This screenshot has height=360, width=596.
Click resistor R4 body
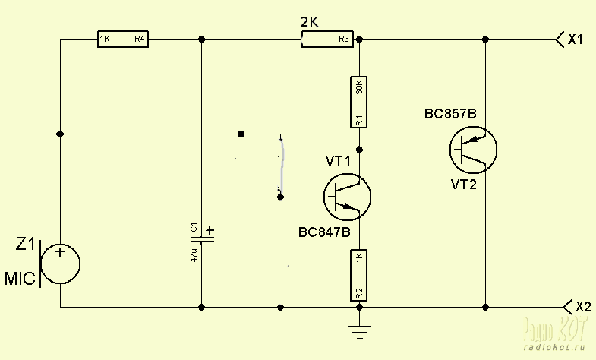tap(122, 39)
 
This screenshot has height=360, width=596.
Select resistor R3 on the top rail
tap(329, 39)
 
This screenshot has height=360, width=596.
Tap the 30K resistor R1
tap(359, 102)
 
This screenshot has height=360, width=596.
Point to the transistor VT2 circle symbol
tap(473, 150)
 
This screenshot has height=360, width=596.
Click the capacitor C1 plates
tap(201, 238)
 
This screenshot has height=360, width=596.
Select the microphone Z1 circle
tap(60, 264)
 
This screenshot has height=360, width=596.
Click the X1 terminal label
tap(575, 39)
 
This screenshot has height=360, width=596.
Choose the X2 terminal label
tap(582, 308)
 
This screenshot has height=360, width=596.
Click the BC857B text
tap(450, 114)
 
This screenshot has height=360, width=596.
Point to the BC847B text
tap(324, 233)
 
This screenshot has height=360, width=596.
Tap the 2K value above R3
tap(310, 21)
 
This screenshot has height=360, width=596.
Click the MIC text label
tap(20, 279)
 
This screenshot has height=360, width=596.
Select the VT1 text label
tap(339, 161)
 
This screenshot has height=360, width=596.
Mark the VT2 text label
tap(463, 185)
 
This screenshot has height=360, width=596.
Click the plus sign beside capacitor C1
tap(210, 230)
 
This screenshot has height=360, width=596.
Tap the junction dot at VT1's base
tap(281, 197)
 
